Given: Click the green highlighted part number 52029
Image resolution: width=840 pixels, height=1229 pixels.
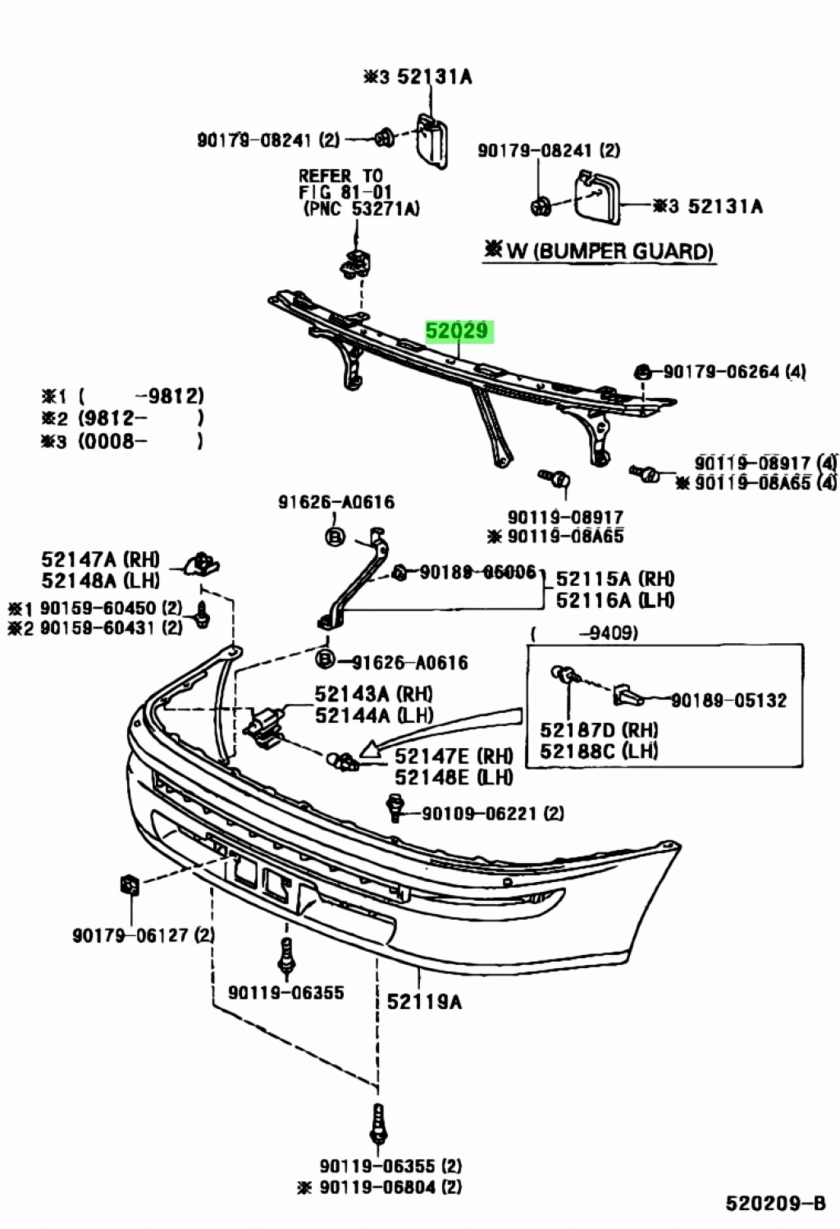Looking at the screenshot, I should [457, 331].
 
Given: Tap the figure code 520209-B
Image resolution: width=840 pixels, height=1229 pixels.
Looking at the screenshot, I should [774, 1204].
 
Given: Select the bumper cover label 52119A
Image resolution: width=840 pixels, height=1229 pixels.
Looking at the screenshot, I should [424, 1001].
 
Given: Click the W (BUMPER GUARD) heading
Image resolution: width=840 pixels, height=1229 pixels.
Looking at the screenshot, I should [600, 250].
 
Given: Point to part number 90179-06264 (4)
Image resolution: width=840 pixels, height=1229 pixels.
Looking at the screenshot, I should [733, 372].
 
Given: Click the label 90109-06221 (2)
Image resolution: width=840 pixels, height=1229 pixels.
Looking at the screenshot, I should [492, 813].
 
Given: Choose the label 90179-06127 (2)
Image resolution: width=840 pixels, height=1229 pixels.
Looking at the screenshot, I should [144, 934].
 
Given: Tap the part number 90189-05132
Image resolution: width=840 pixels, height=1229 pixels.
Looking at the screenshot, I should [728, 700].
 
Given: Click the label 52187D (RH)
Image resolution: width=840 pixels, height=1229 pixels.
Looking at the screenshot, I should [599, 729].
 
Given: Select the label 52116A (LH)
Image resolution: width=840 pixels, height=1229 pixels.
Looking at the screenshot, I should [615, 600].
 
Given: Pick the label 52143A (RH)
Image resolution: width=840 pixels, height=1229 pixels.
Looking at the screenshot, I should [373, 694].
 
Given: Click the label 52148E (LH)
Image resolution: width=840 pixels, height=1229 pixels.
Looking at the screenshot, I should [453, 776].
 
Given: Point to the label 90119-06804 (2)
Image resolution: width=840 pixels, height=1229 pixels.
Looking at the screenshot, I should [390, 1186].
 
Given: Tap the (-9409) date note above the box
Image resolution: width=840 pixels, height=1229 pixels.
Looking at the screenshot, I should [584, 633].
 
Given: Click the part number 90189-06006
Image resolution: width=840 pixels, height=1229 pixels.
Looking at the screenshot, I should [477, 572].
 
